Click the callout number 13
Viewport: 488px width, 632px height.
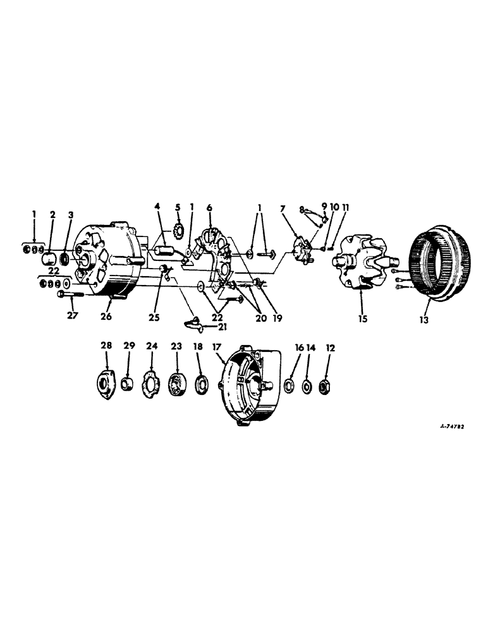pyautogui.click(x=424, y=320)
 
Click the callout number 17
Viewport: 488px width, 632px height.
pyautogui.click(x=217, y=347)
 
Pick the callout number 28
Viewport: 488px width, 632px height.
pyautogui.click(x=106, y=346)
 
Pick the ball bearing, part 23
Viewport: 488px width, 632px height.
pyautogui.click(x=177, y=384)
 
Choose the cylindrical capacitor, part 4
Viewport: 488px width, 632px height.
pyautogui.click(x=166, y=251)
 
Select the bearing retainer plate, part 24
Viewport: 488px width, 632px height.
pyautogui.click(x=152, y=383)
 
